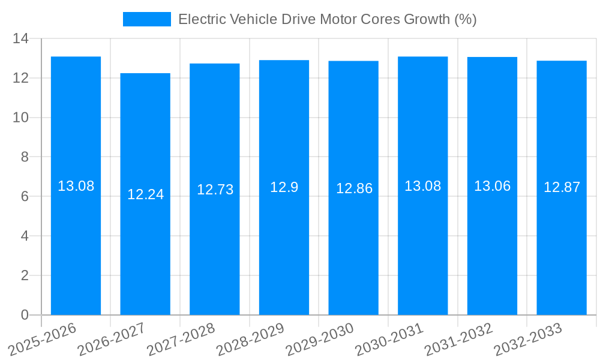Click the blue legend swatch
click(146, 19)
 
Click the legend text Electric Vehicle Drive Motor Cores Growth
click(327, 19)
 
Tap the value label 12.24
click(145, 194)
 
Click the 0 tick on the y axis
click(25, 315)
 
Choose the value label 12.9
click(284, 187)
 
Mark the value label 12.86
click(354, 188)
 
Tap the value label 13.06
click(492, 186)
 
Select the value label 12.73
click(215, 190)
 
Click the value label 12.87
click(562, 187)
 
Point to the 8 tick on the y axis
click(25, 157)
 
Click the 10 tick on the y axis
click(21, 118)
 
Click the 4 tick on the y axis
click(25, 236)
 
